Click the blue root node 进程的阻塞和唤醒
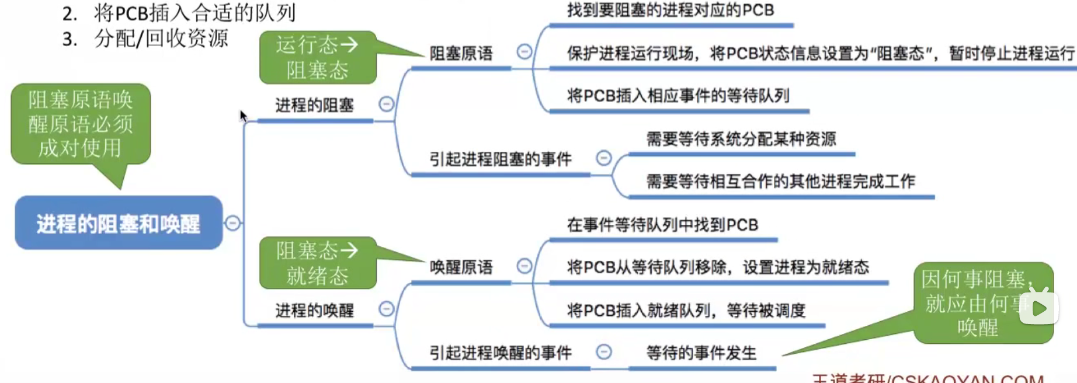pyautogui.click(x=119, y=223)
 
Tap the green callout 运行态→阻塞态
pyautogui.click(x=318, y=57)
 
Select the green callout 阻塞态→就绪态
pyautogui.click(x=318, y=263)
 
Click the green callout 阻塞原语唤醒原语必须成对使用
pyautogui.click(x=81, y=124)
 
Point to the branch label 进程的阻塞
pyautogui.click(x=314, y=105)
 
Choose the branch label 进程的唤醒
pyautogui.click(x=314, y=310)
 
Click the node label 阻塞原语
pyautogui.click(x=461, y=54)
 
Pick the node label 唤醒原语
pyautogui.click(x=461, y=267)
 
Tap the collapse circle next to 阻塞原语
pyautogui.click(x=524, y=52)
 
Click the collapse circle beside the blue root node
pyautogui.click(x=232, y=223)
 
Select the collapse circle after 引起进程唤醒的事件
pyautogui.click(x=604, y=351)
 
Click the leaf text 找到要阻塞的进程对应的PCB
pyautogui.click(x=670, y=11)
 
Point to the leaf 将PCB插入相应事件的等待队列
pyautogui.click(x=678, y=96)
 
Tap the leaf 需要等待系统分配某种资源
pyautogui.click(x=741, y=139)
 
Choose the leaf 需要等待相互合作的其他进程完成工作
pyautogui.click(x=780, y=182)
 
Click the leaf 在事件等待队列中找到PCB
pyautogui.click(x=662, y=225)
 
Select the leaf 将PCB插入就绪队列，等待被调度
pyautogui.click(x=686, y=310)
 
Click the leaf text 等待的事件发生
pyautogui.click(x=701, y=353)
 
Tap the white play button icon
pyautogui.click(x=1039, y=308)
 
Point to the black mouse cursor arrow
pyautogui.click(x=243, y=116)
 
